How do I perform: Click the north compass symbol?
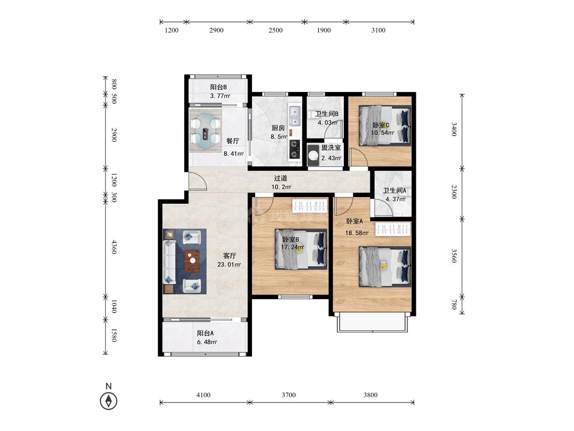pyautogui.click(x=108, y=400)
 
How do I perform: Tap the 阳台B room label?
pyautogui.click(x=218, y=87)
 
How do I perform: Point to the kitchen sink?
pyautogui.click(x=294, y=115)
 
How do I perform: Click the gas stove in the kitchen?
pyautogui.click(x=294, y=149)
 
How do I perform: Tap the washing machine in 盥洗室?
pyautogui.click(x=313, y=155)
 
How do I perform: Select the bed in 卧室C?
pyautogui.click(x=384, y=125)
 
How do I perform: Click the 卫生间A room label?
pyautogui.click(x=394, y=190)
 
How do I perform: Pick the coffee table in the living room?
pyautogui.click(x=192, y=260)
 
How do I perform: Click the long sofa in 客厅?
pyautogui.click(x=169, y=261)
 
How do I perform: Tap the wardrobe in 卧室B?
pyautogui.click(x=309, y=205)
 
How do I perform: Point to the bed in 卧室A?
pyautogui.click(x=384, y=267)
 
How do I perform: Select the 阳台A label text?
pyautogui.click(x=206, y=333)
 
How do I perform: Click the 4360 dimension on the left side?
pyautogui.click(x=114, y=247)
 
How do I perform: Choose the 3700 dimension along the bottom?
pyautogui.click(x=289, y=395)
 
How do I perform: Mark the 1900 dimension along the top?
pyautogui.click(x=323, y=30)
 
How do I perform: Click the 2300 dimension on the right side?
pyautogui.click(x=454, y=191)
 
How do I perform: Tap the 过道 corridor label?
pyautogui.click(x=281, y=178)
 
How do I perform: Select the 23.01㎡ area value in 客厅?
pyautogui.click(x=229, y=265)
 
